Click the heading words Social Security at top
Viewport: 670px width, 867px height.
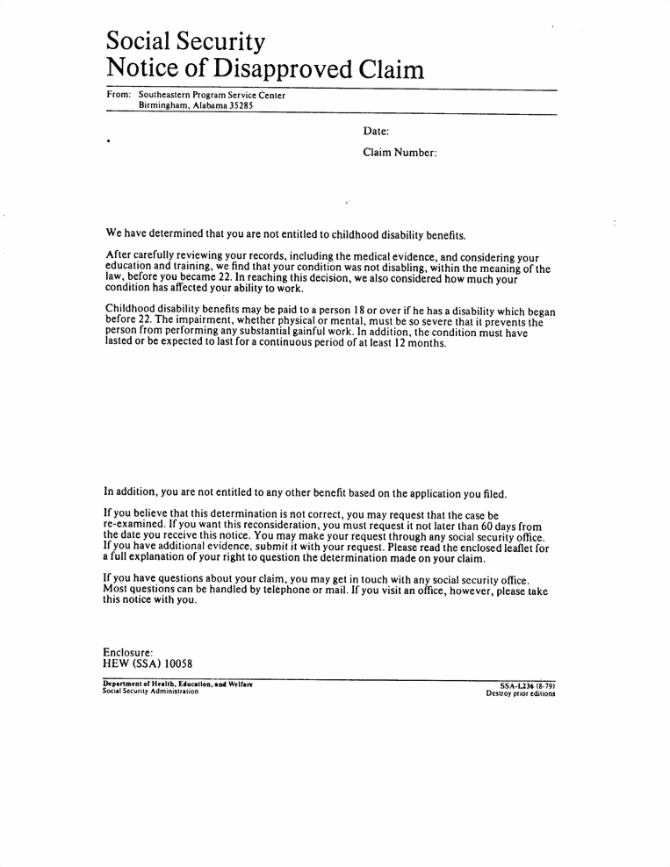(185, 40)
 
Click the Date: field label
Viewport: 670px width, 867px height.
(376, 132)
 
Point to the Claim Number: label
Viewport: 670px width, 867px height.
(400, 153)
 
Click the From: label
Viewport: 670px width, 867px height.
(119, 96)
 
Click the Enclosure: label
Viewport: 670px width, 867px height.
(128, 652)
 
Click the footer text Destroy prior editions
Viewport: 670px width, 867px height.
(521, 693)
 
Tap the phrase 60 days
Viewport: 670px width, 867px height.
(505, 526)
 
